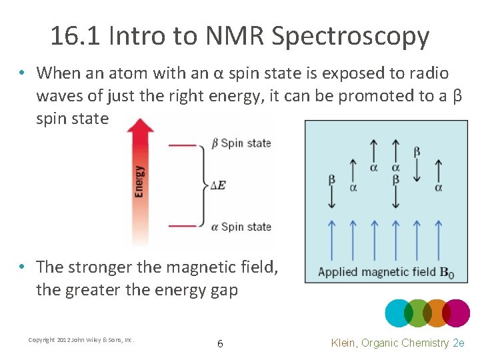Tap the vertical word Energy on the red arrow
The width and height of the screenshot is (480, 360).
(139, 181)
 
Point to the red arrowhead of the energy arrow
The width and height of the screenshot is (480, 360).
(139, 127)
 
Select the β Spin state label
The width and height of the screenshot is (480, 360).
(241, 143)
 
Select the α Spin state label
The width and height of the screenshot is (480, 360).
(241, 227)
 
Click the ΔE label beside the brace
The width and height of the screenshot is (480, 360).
(217, 185)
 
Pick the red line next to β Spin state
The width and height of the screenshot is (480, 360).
(182, 143)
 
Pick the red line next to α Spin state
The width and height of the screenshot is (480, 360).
(182, 227)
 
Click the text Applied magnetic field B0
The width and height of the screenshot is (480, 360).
(385, 272)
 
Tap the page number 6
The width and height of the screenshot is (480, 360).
(220, 344)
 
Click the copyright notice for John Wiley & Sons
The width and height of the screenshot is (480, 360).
(81, 340)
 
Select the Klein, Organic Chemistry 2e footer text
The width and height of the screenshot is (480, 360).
(398, 343)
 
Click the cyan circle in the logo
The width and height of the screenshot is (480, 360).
(399, 313)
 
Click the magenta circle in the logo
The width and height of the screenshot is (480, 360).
(457, 313)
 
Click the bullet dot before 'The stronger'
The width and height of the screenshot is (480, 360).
(23, 267)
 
